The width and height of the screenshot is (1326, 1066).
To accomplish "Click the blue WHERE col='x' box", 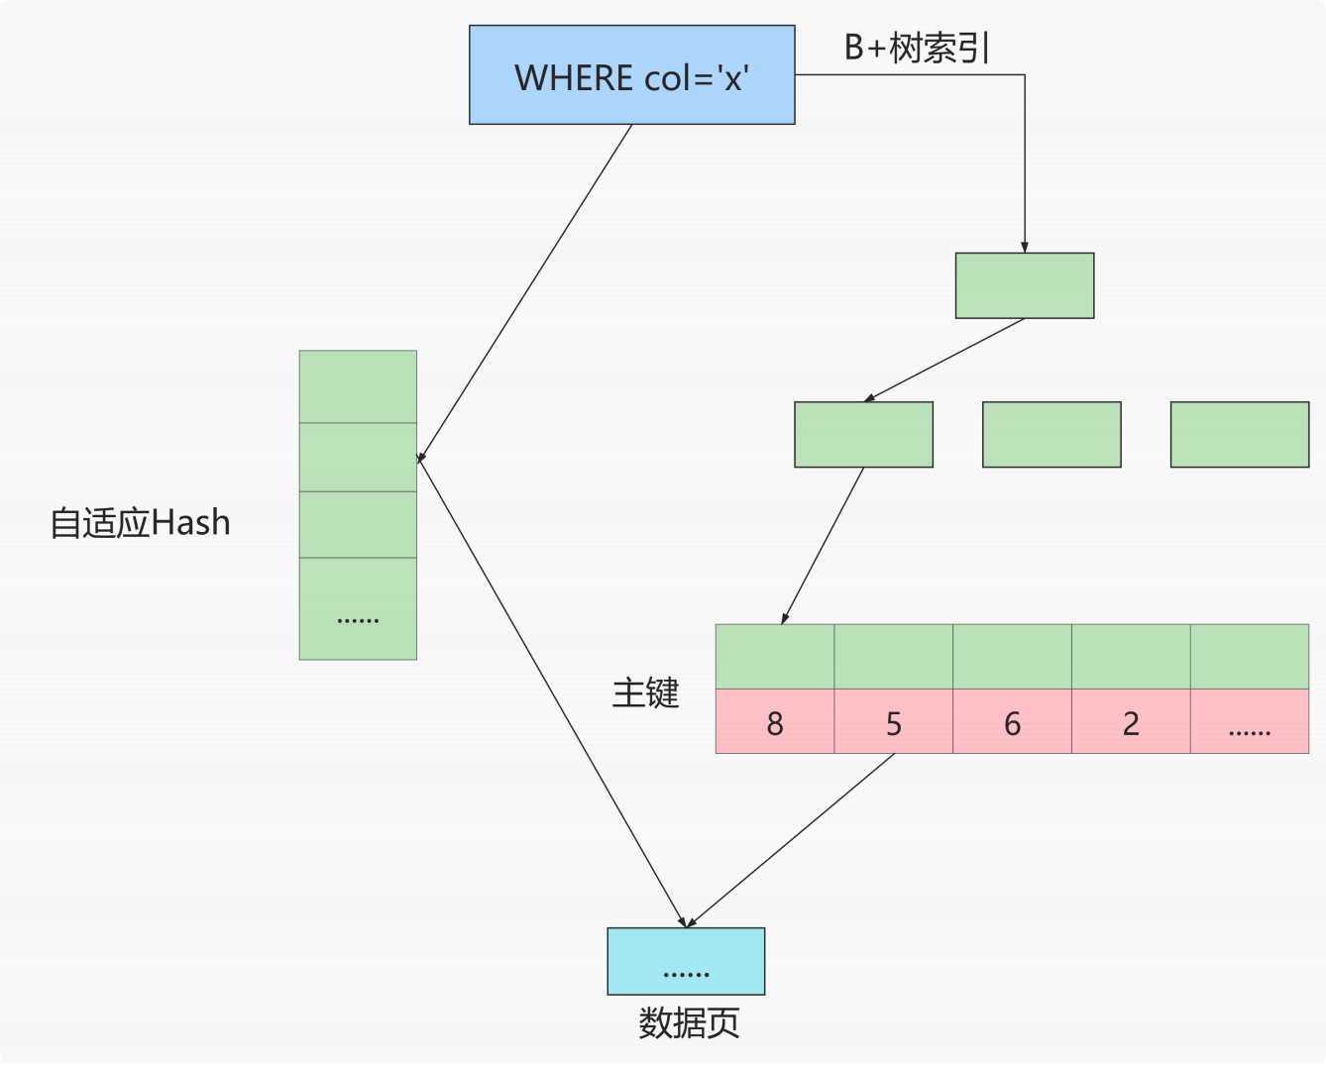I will coord(631,75).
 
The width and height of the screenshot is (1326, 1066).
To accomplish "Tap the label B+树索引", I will coord(917,47).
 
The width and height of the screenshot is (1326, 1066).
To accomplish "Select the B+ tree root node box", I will coord(1024,285).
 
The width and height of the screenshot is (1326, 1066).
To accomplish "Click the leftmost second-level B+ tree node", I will coord(863,434).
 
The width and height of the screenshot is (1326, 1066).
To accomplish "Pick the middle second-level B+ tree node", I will coord(1051,434).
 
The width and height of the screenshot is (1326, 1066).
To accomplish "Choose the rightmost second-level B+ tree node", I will coord(1239,434).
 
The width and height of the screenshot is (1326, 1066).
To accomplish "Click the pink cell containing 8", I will coord(774,722).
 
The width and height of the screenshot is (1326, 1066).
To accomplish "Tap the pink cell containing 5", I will coord(893,722).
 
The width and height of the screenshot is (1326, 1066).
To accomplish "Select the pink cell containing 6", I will coord(1012,722).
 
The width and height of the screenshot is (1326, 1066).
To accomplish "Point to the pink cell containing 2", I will coord(1131,722).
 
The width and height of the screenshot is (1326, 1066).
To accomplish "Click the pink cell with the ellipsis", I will coord(1249,722).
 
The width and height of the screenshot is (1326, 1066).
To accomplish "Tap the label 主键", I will coord(645,692).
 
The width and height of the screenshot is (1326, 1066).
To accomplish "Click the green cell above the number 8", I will coord(774,656).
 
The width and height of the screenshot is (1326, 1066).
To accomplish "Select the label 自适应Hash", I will coord(140,522).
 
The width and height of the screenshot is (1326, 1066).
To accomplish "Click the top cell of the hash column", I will coord(358,386).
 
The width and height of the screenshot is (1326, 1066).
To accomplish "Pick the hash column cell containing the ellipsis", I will coord(358,608).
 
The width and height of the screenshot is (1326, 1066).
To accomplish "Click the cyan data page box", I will coord(686,961).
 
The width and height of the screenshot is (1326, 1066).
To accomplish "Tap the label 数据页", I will coord(689,1022).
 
